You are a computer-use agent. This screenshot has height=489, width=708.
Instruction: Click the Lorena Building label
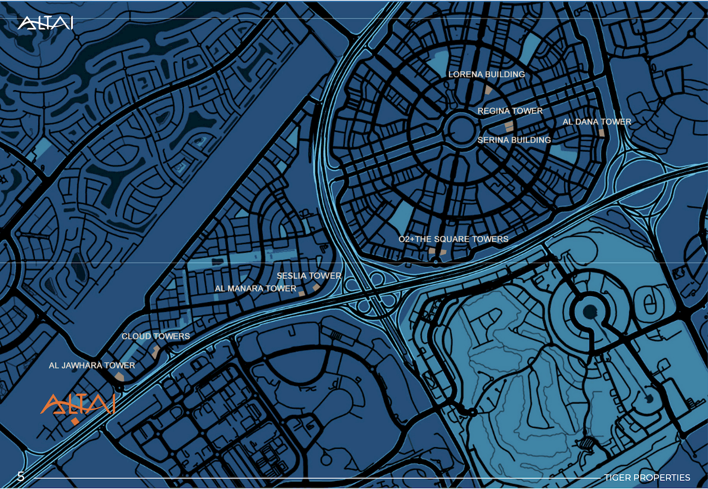(x=486, y=74)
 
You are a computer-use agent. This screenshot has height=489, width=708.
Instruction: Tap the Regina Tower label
(x=510, y=111)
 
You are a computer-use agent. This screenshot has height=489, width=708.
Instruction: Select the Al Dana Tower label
(x=597, y=122)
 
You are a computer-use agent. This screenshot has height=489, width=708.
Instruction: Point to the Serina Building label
(x=514, y=140)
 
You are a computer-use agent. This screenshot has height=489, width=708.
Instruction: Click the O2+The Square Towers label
(x=453, y=239)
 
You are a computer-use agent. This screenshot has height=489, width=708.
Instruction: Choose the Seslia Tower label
(x=309, y=276)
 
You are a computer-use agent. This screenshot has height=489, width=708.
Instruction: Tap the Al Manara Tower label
(x=255, y=288)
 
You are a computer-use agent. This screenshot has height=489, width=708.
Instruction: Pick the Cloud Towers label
(x=155, y=336)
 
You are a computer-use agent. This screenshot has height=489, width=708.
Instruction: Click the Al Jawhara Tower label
(x=92, y=365)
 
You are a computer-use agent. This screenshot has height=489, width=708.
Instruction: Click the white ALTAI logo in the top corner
(x=45, y=22)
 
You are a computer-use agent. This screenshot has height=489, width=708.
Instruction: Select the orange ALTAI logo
(x=78, y=406)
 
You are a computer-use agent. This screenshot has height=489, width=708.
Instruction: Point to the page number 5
(x=21, y=476)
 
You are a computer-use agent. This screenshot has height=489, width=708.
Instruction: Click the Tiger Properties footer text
(x=647, y=478)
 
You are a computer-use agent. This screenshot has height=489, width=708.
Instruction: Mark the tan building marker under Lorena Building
(x=488, y=89)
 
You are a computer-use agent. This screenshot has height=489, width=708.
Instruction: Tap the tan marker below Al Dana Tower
(x=601, y=133)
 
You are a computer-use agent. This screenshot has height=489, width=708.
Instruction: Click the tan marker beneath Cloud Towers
(x=156, y=352)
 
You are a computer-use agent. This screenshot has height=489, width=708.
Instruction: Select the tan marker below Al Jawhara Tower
(x=119, y=377)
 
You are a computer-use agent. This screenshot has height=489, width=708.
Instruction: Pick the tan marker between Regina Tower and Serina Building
(x=509, y=126)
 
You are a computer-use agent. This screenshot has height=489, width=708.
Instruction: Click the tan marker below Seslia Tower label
(x=316, y=287)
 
